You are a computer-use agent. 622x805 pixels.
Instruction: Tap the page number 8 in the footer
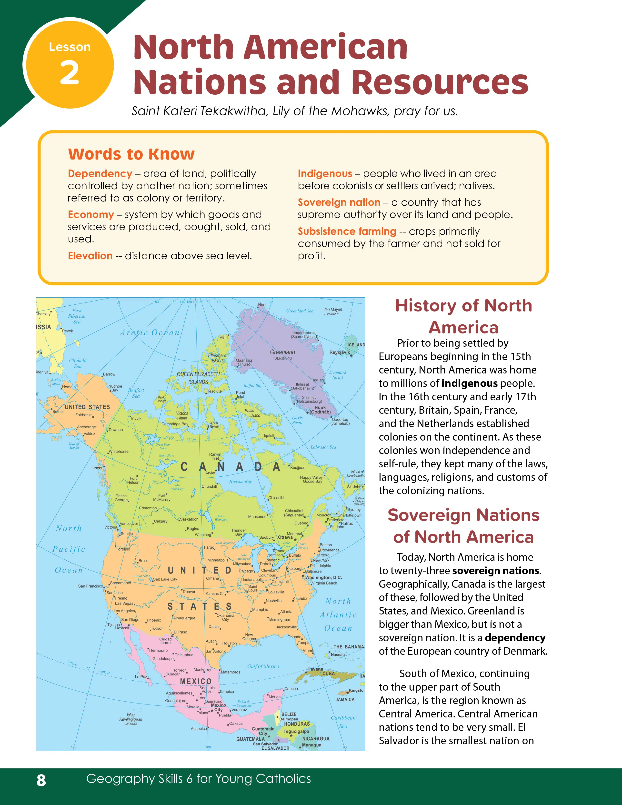41,780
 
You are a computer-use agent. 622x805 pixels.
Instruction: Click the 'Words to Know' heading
131,154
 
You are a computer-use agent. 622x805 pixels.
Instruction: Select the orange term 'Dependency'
100,174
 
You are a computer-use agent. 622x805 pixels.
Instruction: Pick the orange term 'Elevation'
90,256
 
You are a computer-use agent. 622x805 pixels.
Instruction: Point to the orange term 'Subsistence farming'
347,231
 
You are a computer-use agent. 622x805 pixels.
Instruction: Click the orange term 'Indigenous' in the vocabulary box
325,174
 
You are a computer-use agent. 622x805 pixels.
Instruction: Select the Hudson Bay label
240,481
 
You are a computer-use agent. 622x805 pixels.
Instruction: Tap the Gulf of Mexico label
263,666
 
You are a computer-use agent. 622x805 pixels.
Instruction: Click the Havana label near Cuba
315,669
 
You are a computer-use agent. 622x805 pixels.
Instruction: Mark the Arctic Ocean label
150,332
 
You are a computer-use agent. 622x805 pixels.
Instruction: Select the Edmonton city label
148,508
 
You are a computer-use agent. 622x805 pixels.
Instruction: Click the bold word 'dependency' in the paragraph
515,638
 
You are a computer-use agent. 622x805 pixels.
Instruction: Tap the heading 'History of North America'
463,316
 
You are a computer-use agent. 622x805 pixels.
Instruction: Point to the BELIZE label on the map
289,714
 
